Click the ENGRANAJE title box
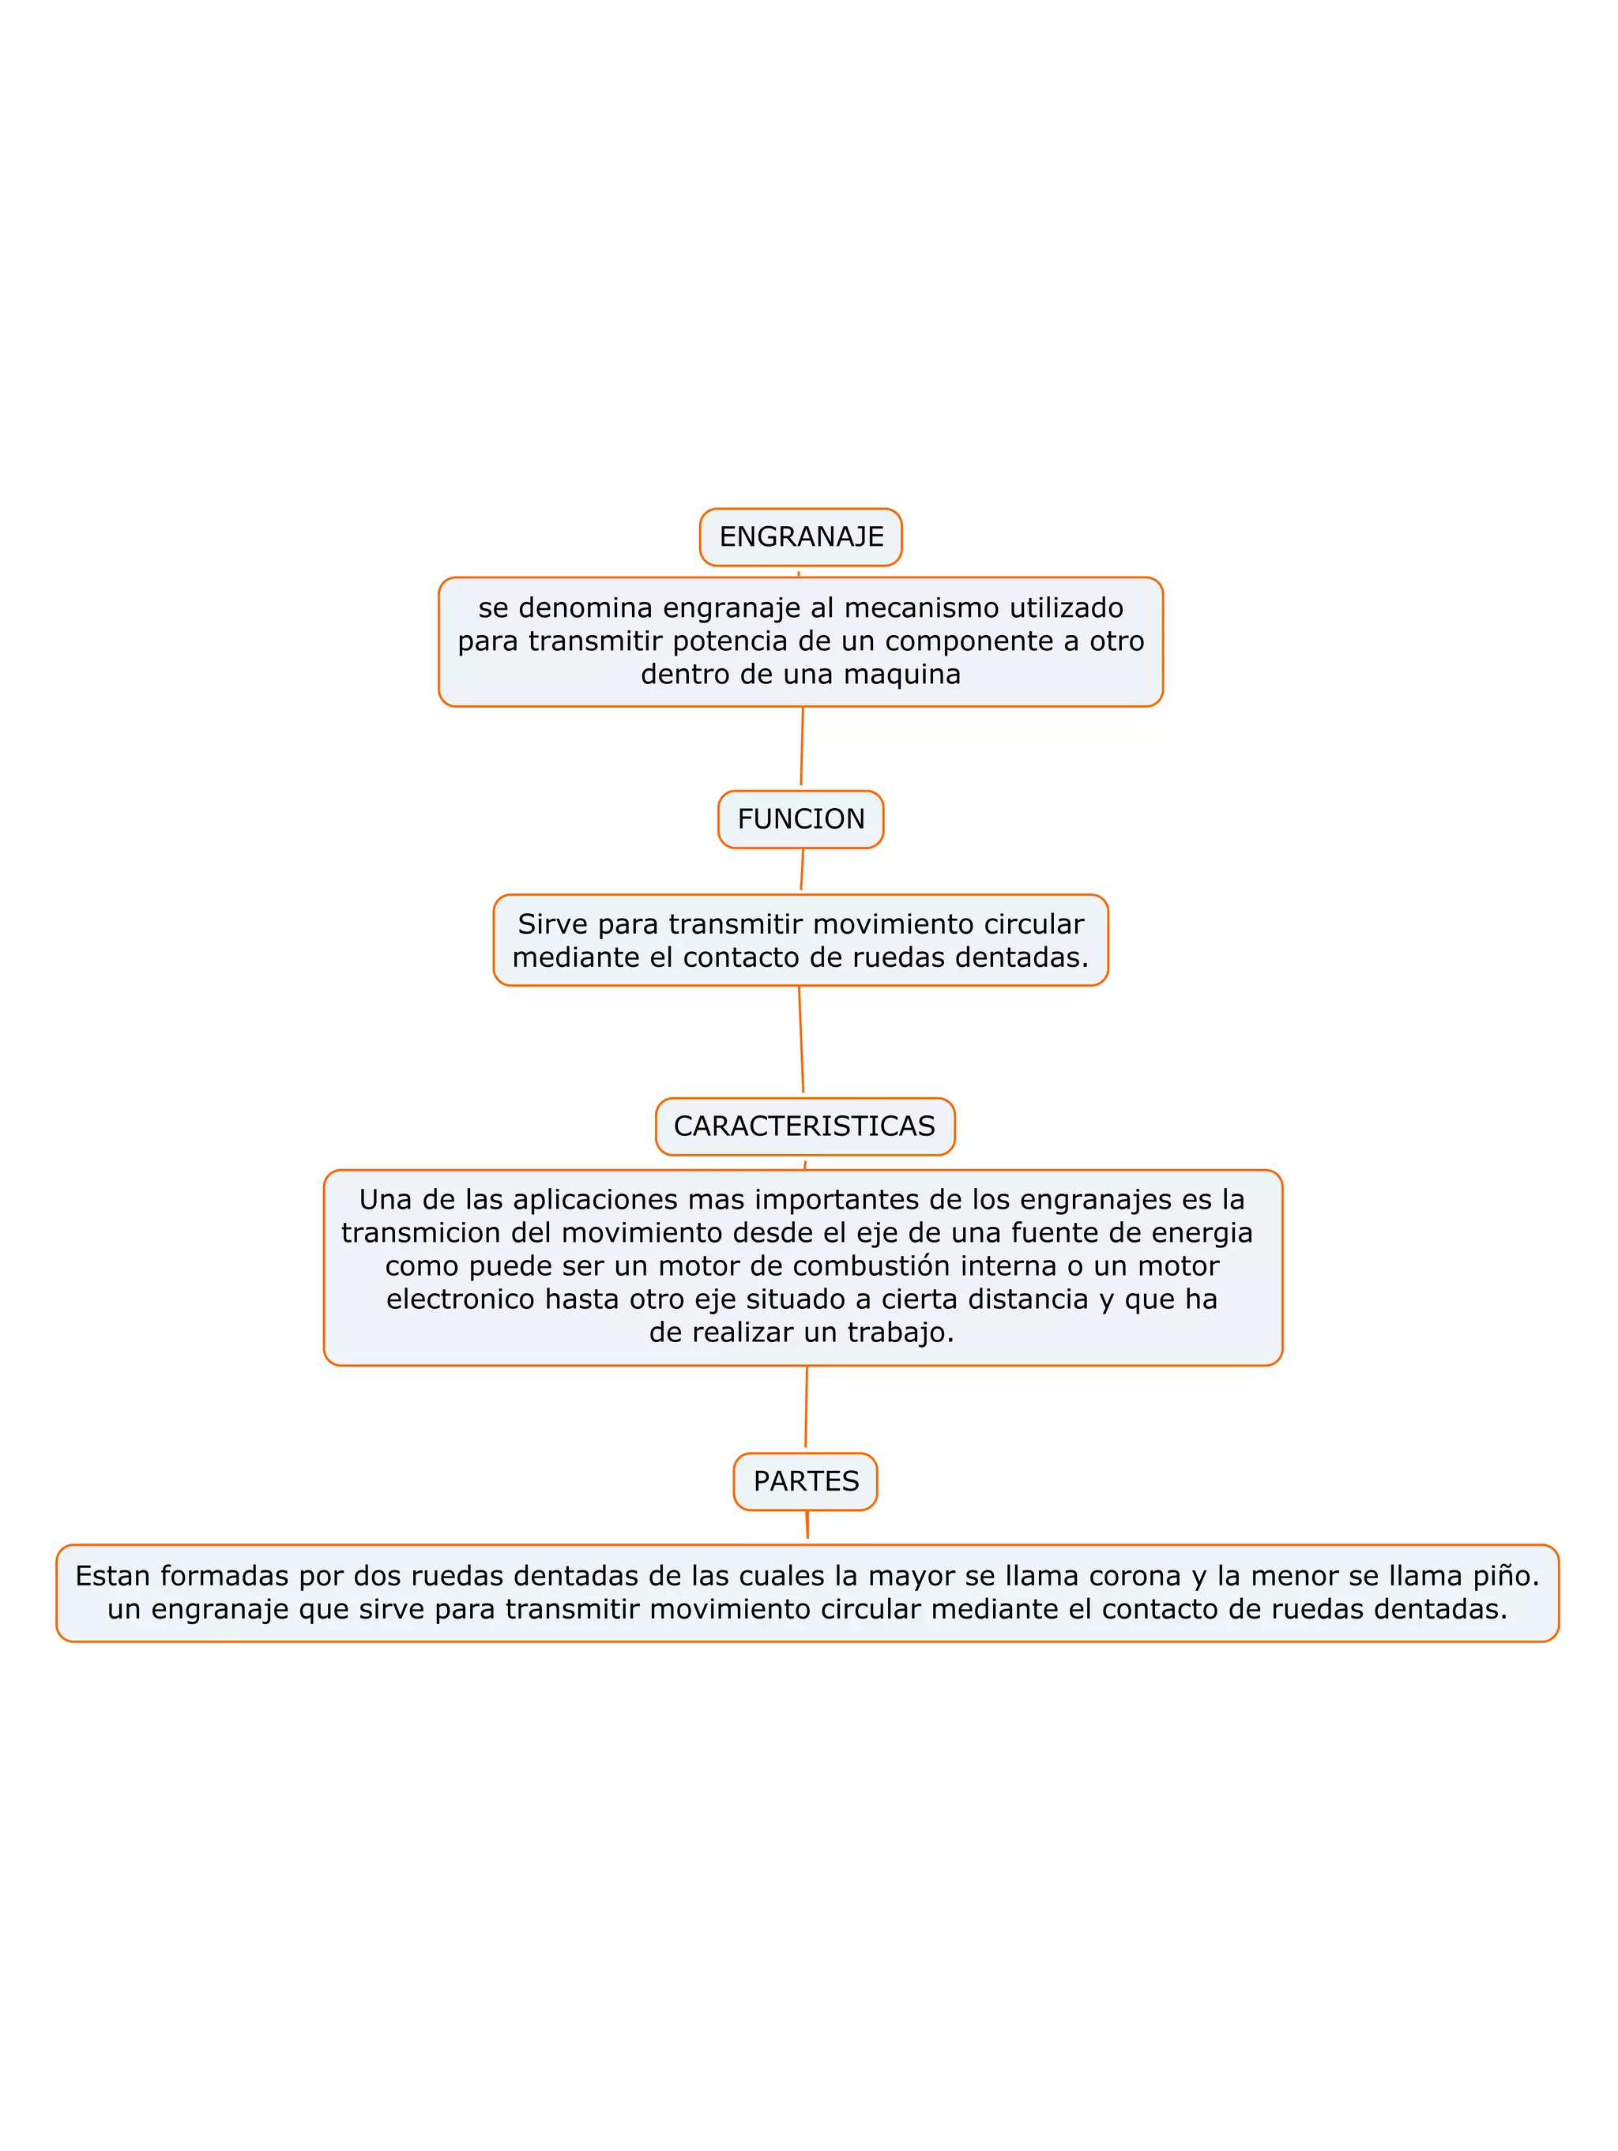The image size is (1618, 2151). (x=800, y=537)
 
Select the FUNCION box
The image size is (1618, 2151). (x=800, y=819)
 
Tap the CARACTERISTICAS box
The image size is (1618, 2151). (x=804, y=1126)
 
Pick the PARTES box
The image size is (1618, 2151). (x=805, y=1481)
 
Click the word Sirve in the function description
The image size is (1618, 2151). (x=552, y=923)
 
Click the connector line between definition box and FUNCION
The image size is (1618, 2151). (x=802, y=746)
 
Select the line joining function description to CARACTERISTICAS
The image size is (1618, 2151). (x=801, y=1039)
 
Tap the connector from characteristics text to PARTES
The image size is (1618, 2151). (x=806, y=1406)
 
